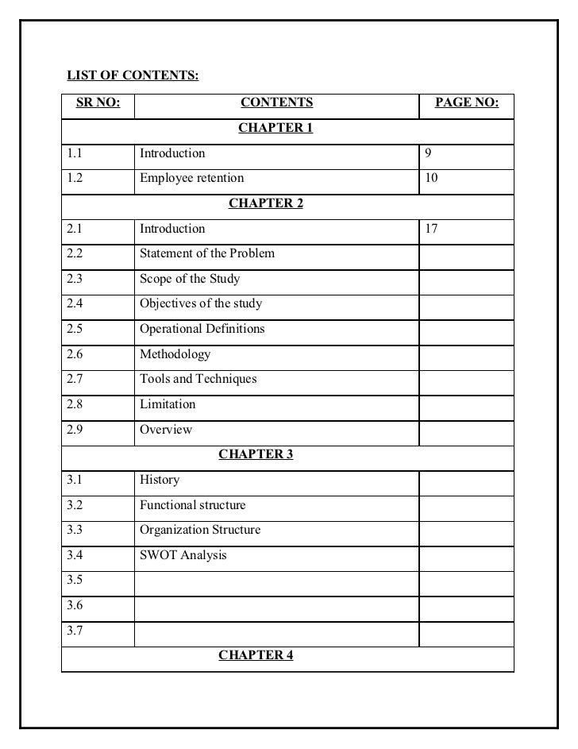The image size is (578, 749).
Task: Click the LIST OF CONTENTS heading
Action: coord(133,76)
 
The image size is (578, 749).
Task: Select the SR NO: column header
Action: coord(98,102)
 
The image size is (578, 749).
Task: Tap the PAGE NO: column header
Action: coord(467,102)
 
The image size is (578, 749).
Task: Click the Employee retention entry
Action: coord(191,178)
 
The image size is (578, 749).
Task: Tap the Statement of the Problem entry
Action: coord(207,253)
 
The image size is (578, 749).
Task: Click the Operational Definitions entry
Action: coord(202,329)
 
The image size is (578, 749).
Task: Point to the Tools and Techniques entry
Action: coord(198,379)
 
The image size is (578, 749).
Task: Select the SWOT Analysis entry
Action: coord(183,555)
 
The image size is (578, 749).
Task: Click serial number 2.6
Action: coord(75,354)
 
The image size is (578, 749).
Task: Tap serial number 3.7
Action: coord(75,631)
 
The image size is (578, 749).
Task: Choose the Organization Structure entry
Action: coord(200,530)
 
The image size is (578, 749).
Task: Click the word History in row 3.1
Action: coord(160,480)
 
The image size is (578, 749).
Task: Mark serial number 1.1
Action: coord(75,153)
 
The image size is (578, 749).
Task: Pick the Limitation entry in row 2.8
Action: coord(168,404)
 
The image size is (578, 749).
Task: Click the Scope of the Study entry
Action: coord(190,279)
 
